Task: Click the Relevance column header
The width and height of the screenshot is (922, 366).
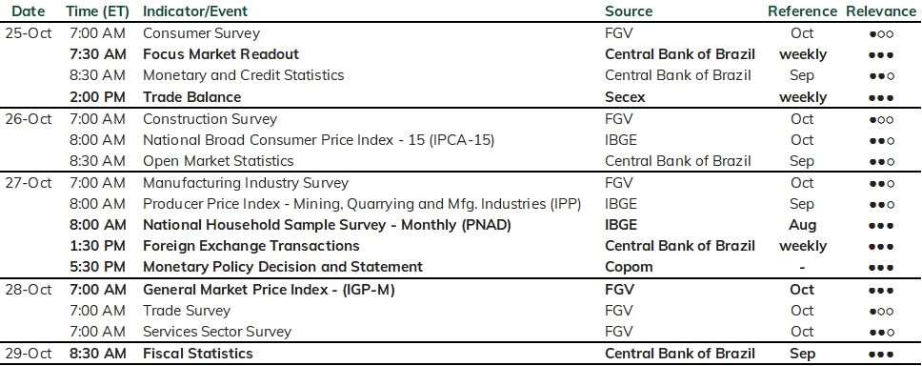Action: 881,11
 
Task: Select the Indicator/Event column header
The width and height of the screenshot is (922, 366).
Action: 195,11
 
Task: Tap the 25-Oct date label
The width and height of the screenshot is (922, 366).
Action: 29,33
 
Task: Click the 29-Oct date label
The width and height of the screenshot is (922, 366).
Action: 29,353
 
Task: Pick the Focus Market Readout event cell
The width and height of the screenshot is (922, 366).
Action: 221,54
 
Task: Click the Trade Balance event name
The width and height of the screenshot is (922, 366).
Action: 191,97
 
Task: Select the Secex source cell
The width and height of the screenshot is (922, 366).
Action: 625,97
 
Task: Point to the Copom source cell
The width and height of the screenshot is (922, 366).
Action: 629,267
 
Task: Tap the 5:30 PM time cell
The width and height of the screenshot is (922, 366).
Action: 97,267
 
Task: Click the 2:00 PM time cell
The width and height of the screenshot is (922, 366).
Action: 97,97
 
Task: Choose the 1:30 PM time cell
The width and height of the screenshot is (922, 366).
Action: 97,246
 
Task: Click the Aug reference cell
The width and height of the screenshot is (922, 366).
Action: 803,225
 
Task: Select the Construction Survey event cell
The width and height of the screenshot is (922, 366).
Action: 210,119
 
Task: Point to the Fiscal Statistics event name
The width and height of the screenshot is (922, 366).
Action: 198,353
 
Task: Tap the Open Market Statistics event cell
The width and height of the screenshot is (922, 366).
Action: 218,161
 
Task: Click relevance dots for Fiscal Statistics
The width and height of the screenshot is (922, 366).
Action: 881,355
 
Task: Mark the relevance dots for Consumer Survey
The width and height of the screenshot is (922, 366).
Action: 881,34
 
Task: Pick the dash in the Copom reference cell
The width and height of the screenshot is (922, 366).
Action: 803,268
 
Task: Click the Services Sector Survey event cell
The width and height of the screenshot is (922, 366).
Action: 217,332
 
